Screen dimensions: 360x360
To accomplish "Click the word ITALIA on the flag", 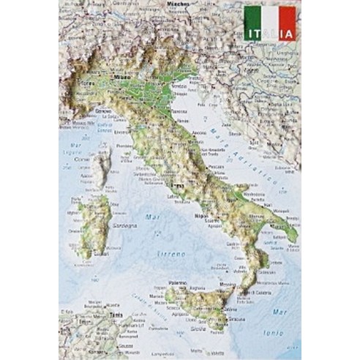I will [x=270, y=34].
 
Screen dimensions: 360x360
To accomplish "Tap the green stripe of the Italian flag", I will [x=253, y=18].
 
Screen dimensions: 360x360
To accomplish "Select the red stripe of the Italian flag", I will [x=288, y=18].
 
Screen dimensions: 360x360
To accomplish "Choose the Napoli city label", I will [x=201, y=216].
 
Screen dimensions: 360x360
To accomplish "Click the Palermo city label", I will [x=178, y=282].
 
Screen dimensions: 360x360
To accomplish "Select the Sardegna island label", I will [x=124, y=225].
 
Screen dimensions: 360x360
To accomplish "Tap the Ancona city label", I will [x=198, y=132].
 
